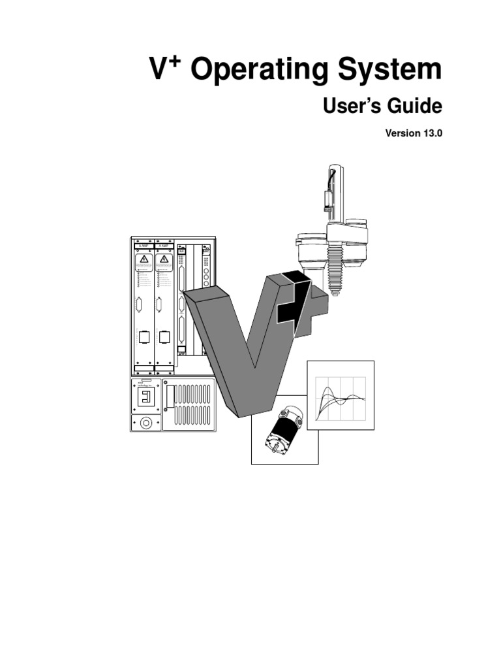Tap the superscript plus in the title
click(x=175, y=61)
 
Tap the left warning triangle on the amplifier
click(x=144, y=261)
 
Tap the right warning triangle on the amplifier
click(x=164, y=261)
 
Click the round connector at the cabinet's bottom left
click(x=145, y=423)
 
